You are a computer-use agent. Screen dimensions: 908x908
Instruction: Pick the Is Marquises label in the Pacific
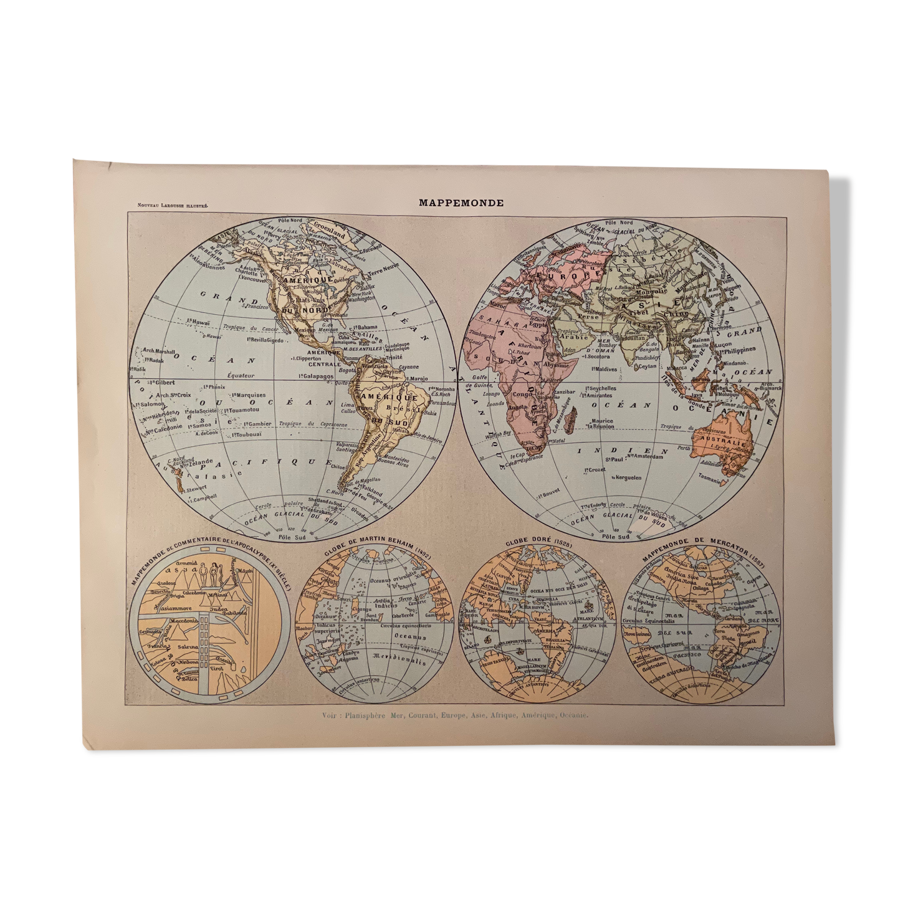coord(247,395)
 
